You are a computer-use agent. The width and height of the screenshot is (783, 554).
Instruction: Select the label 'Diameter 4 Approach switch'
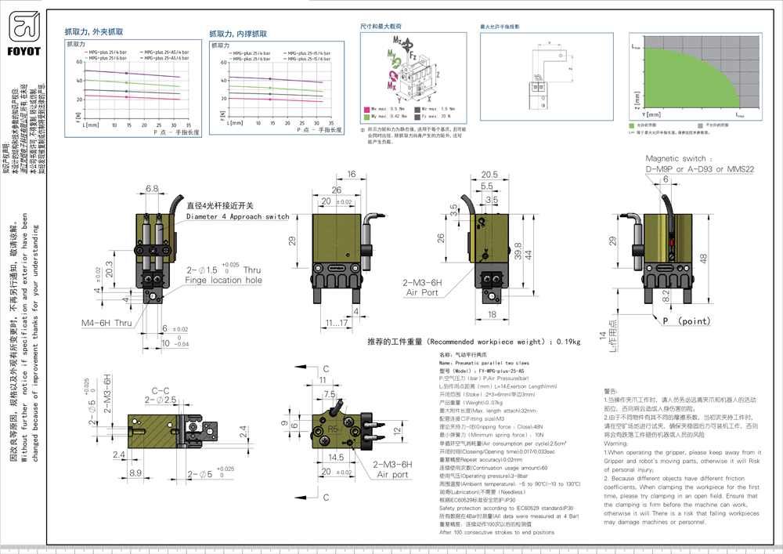237,216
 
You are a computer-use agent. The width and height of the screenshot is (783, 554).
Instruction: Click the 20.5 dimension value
489,174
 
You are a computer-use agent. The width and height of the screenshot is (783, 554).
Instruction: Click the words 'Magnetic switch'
677,158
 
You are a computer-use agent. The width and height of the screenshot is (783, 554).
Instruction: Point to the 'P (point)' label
676,320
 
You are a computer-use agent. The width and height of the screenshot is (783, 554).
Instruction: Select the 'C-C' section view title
161,389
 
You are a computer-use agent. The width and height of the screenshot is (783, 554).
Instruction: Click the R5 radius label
332,429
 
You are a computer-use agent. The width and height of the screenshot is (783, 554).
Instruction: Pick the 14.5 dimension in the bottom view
337,456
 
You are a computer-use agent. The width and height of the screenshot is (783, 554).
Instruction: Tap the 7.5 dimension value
331,394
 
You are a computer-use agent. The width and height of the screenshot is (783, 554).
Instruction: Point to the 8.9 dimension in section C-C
135,473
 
